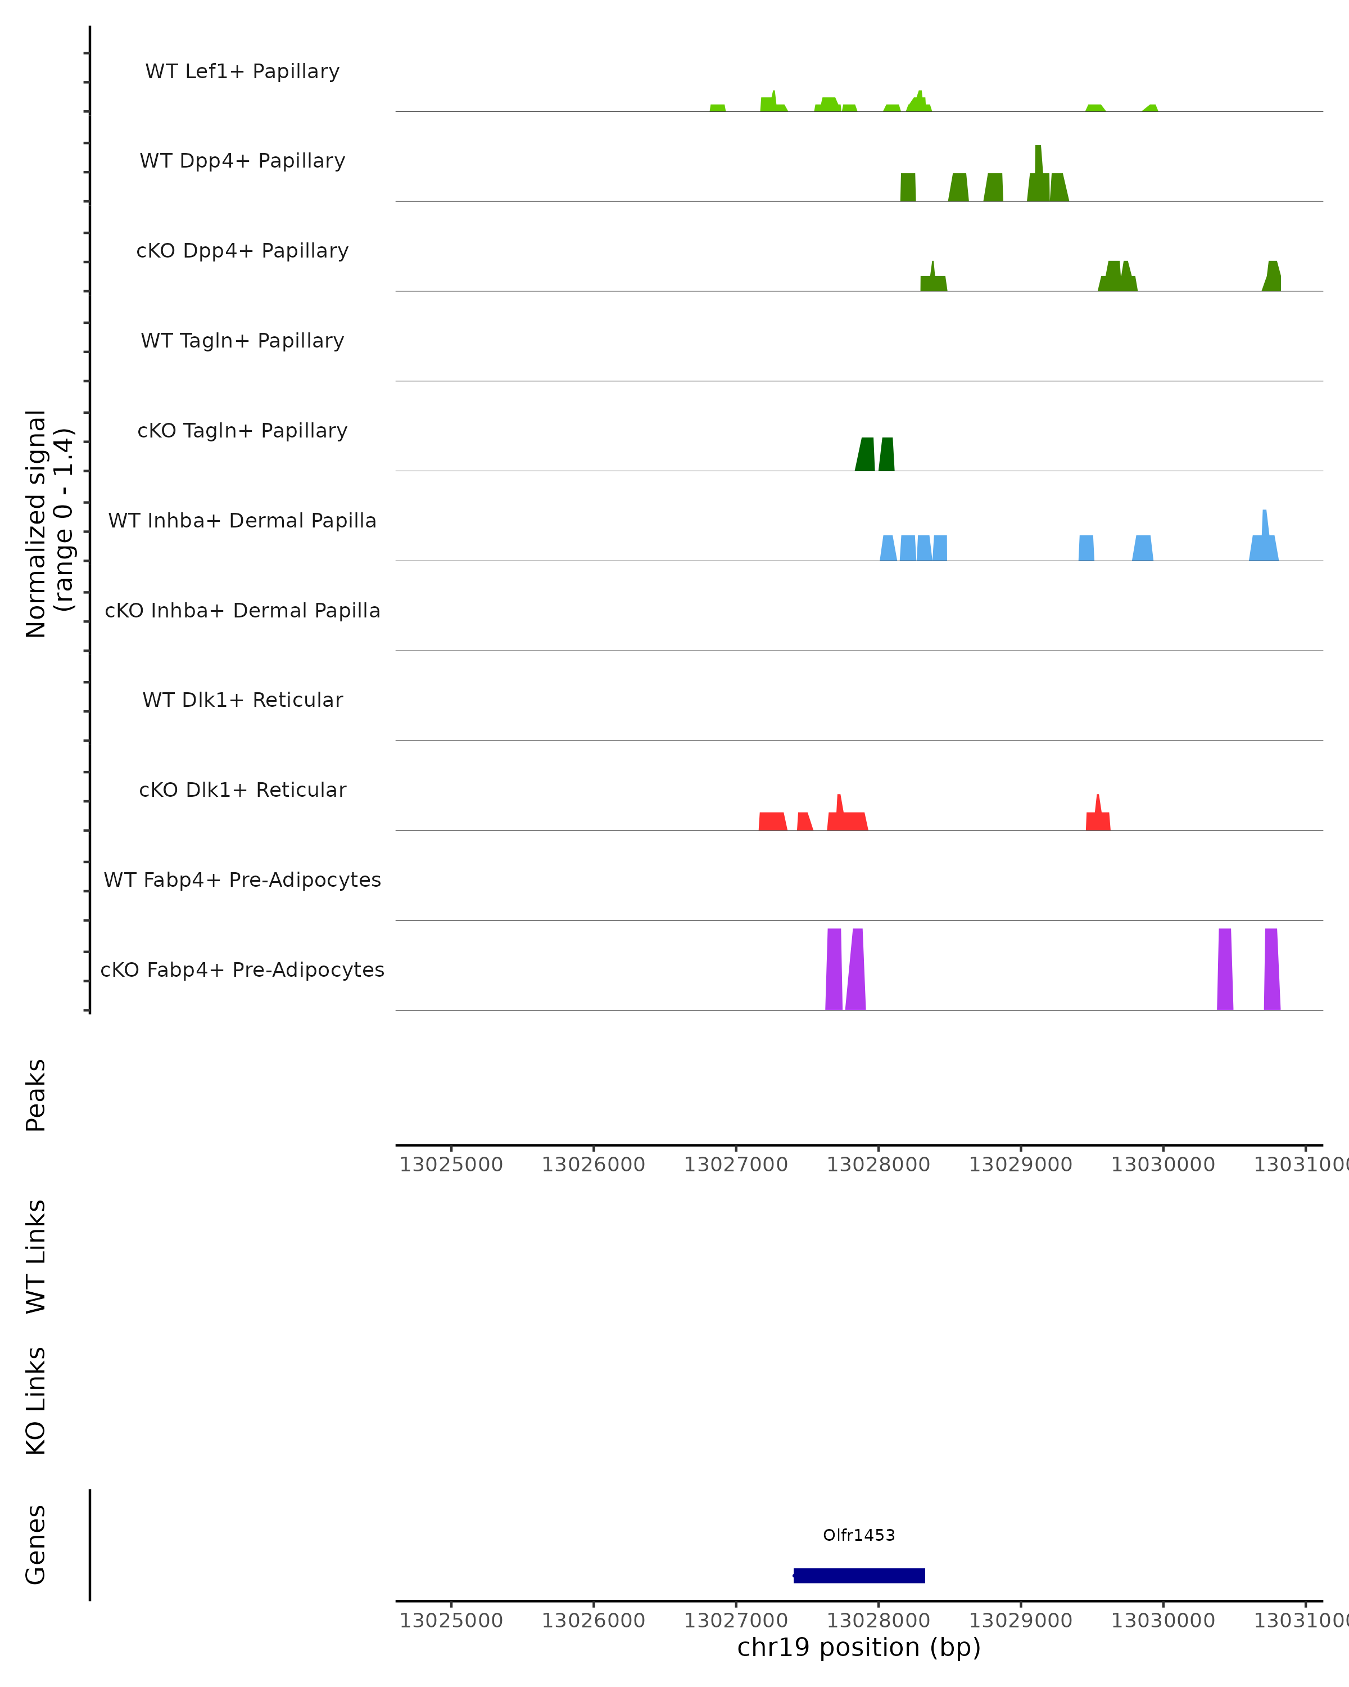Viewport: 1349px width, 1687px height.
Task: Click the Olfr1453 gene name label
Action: click(x=859, y=1535)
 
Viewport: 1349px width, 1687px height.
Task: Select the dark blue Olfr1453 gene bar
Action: click(x=859, y=1576)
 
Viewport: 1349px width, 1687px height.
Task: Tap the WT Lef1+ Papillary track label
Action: click(x=242, y=71)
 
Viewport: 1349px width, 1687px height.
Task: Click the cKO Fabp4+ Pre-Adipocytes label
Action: click(x=242, y=969)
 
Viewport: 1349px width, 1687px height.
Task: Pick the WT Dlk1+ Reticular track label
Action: click(x=242, y=700)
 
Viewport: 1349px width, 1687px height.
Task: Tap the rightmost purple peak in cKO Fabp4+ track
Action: click(x=1271, y=970)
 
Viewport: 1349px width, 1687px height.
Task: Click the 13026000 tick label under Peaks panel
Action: click(x=594, y=1165)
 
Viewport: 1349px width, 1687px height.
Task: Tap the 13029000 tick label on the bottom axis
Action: click(x=1021, y=1621)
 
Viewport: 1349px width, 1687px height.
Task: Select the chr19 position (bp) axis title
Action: click(x=859, y=1648)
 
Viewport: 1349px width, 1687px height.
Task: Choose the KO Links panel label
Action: click(x=36, y=1401)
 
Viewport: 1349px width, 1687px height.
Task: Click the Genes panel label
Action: click(x=36, y=1545)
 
